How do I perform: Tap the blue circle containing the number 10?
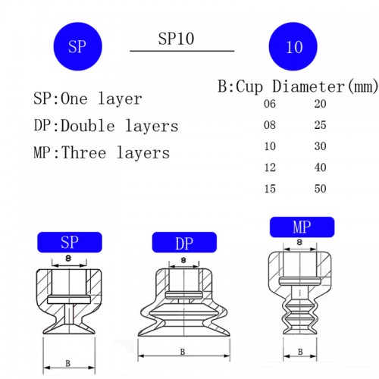pyautogui.click(x=295, y=47)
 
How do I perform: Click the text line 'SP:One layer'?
pyautogui.click(x=88, y=99)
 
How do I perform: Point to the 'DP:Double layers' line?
pyautogui.click(x=105, y=126)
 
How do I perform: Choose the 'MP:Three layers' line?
pyautogui.click(x=102, y=152)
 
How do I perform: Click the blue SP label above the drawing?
pyautogui.click(x=70, y=243)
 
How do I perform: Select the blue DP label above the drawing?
pyautogui.click(x=184, y=243)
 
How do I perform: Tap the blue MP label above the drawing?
pyautogui.click(x=302, y=226)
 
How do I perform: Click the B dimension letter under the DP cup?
pyautogui.click(x=182, y=351)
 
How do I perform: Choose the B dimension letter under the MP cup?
pyautogui.click(x=300, y=352)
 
